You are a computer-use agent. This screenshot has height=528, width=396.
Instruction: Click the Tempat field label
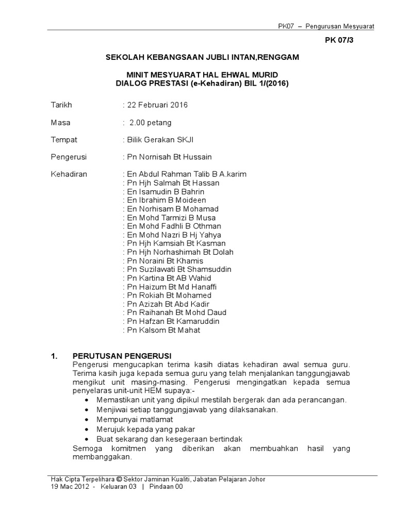point(61,140)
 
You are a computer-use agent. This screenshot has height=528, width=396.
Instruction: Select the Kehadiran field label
point(69,174)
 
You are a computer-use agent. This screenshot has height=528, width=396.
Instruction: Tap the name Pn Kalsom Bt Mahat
point(163,330)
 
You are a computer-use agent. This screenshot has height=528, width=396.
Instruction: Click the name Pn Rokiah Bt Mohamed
point(169,295)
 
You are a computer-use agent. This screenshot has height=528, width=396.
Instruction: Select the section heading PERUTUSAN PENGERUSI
point(122,356)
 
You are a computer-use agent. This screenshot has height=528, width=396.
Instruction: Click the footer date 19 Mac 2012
point(68,487)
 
